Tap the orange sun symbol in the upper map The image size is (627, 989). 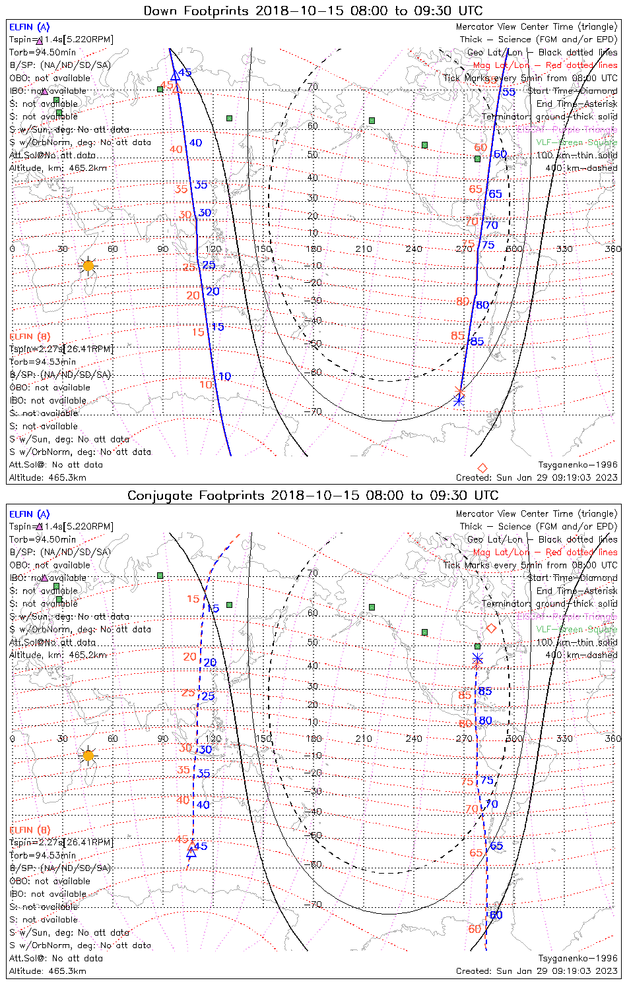88,266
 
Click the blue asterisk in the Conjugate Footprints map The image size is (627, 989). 478,659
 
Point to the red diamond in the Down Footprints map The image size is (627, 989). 482,468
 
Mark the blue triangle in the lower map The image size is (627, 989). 191,852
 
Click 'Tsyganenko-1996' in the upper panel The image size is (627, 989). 577,465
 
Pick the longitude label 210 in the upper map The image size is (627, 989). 364,249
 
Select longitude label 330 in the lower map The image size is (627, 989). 564,739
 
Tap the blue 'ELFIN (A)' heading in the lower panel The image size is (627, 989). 30,514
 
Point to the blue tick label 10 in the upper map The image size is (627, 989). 225,376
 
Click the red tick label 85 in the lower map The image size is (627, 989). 465,696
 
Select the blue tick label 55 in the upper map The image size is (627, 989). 509,92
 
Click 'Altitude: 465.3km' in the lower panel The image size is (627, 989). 48,971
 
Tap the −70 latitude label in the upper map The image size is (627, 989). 314,412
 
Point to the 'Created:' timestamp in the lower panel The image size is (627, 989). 537,971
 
